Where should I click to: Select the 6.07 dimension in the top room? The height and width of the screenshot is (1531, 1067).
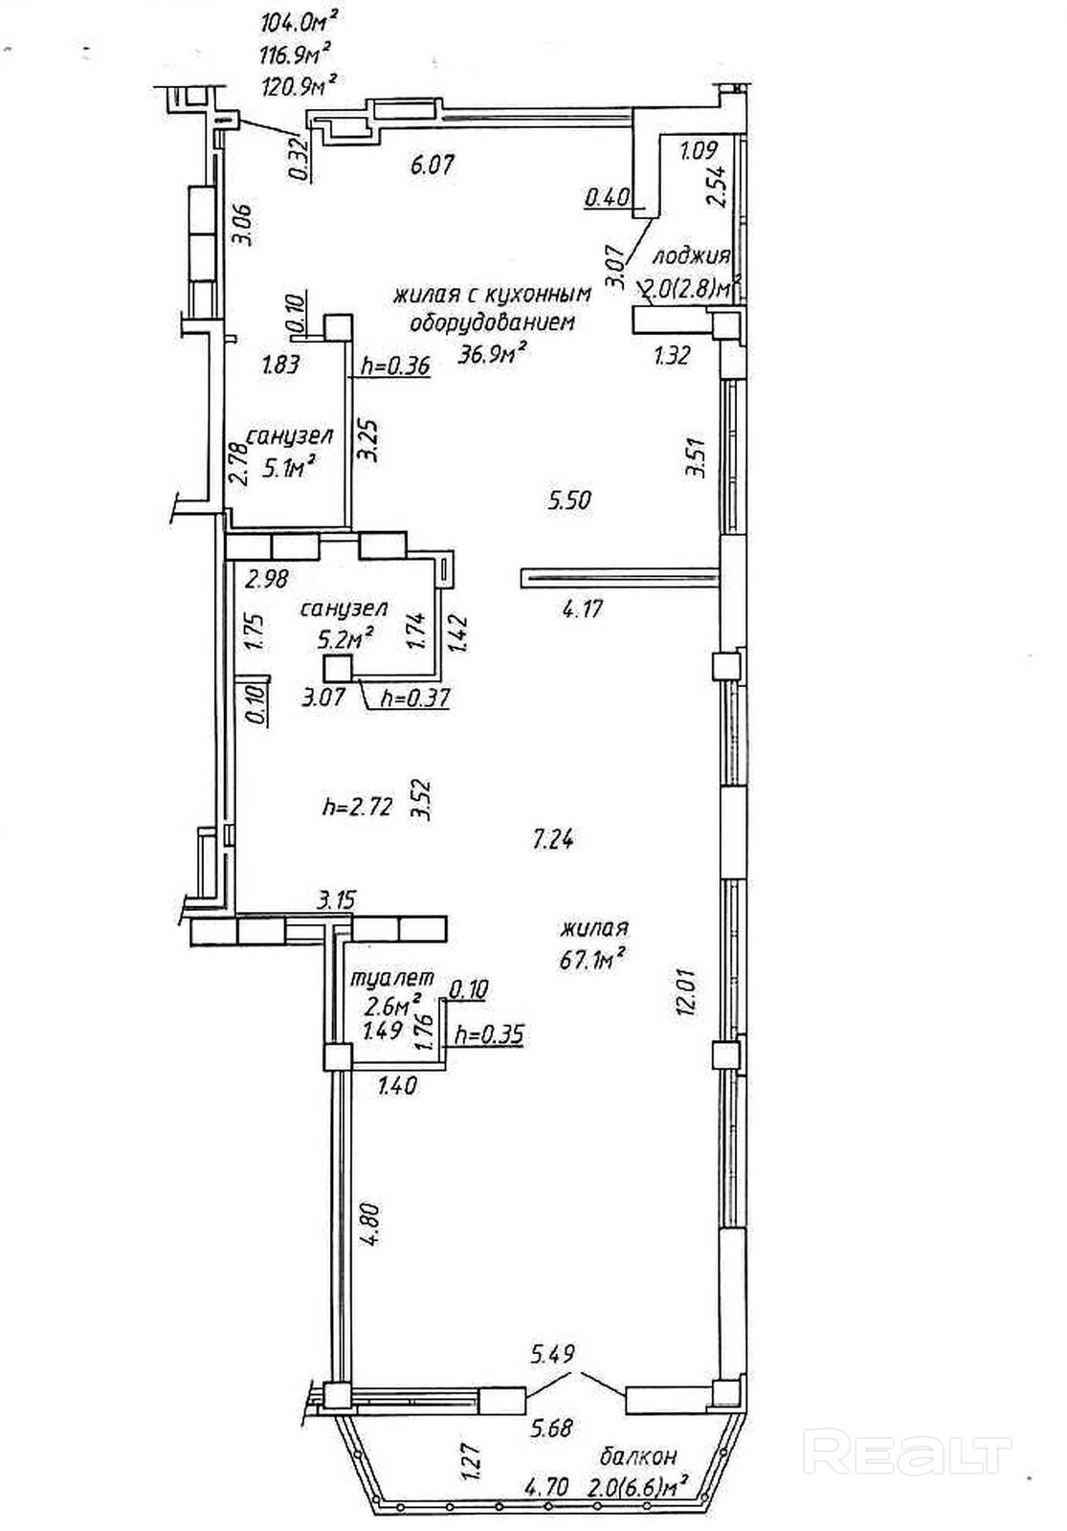coord(432,165)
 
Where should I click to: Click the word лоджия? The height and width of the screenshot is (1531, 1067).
coord(691,256)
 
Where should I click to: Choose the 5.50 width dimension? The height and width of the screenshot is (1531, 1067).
coord(570,499)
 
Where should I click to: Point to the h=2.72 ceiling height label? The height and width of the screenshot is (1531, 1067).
coord(358,807)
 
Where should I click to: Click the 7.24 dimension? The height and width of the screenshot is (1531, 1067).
coord(554,840)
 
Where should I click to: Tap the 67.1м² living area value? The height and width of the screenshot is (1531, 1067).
coord(593,956)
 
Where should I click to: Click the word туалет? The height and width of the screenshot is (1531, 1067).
coord(392,979)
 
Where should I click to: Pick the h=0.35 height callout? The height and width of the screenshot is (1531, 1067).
coord(489,1034)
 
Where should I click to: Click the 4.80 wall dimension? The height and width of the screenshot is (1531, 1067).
coord(371,1222)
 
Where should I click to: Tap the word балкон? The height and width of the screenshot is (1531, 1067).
coord(638,1457)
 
